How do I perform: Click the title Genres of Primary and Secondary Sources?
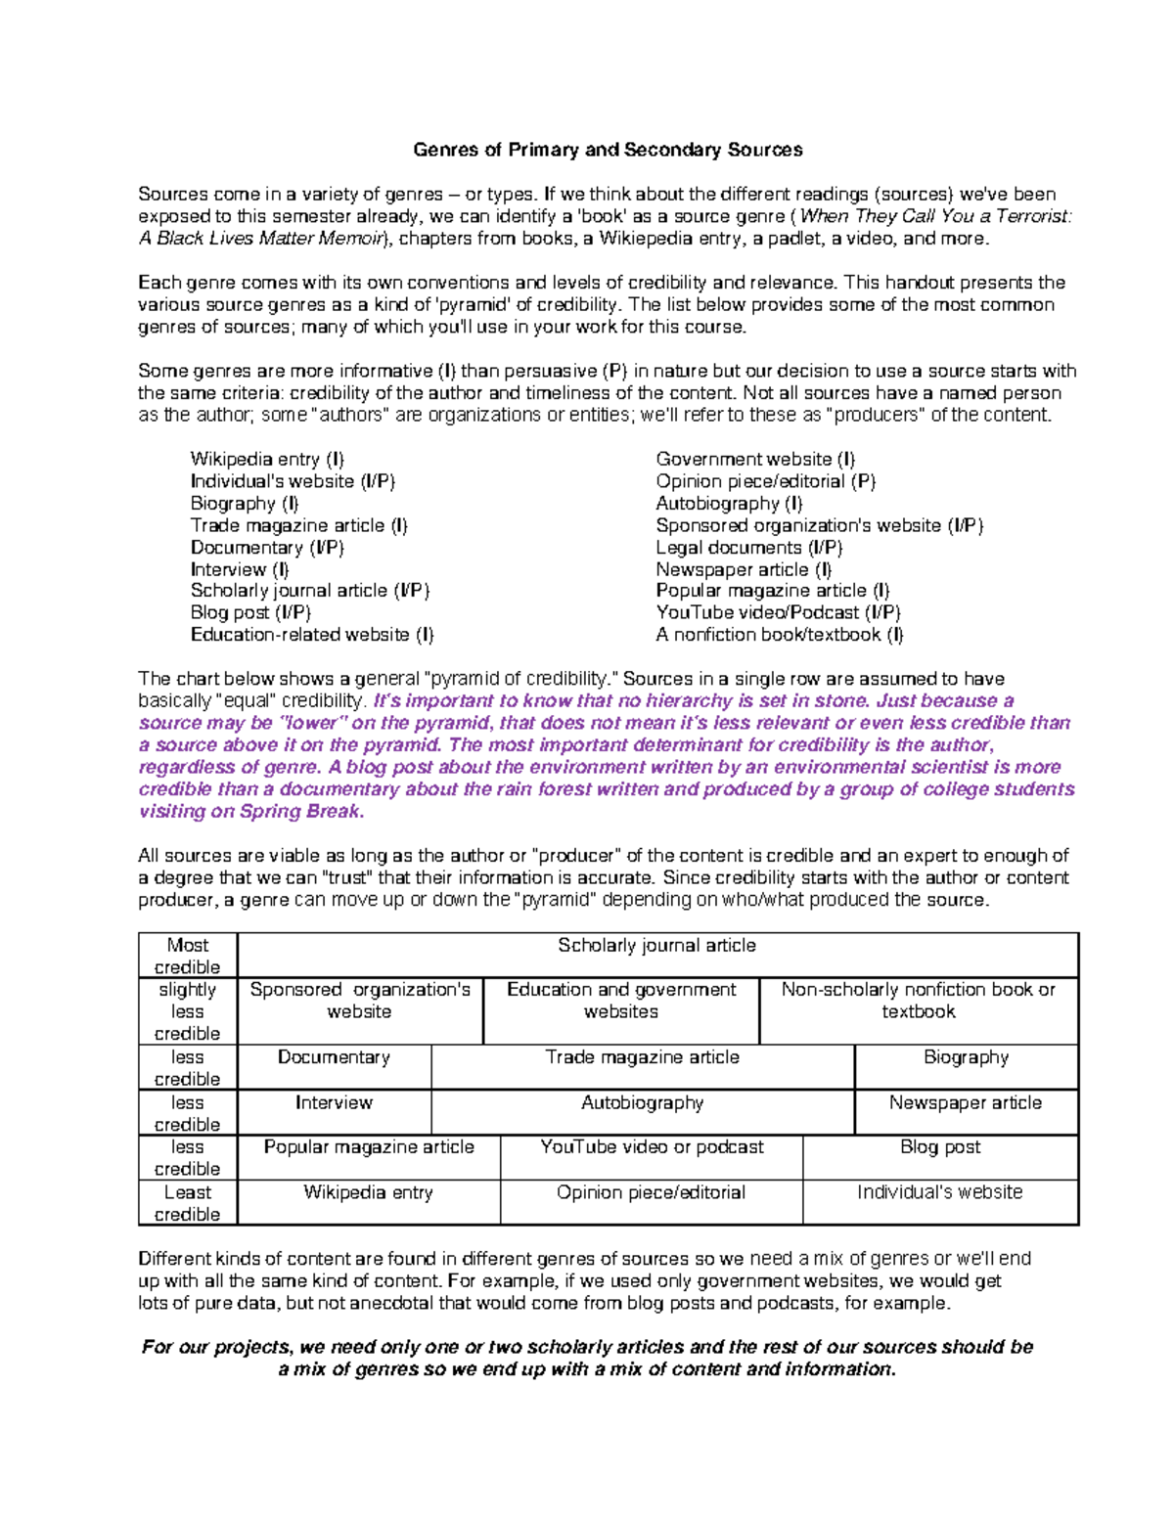[608, 150]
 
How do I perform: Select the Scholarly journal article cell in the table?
[656, 946]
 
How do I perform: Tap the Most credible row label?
[187, 956]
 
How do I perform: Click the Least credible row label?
[187, 1203]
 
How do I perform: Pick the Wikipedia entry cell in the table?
[368, 1192]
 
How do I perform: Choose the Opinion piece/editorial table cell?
[651, 1192]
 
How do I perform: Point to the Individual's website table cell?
[939, 1192]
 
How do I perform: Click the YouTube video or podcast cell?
[652, 1147]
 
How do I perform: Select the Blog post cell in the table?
[939, 1147]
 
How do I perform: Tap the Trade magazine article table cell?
[642, 1057]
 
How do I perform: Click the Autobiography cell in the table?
[642, 1102]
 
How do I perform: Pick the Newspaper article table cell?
[966, 1102]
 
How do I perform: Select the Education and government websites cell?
[621, 1001]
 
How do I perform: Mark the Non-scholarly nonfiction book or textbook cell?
[918, 1001]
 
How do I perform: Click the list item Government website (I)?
[755, 459]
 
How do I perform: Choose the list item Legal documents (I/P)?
[748, 548]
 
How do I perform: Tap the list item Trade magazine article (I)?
[298, 525]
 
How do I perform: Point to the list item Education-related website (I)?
[311, 635]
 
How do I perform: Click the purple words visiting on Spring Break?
[251, 812]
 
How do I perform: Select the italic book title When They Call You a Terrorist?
[935, 216]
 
